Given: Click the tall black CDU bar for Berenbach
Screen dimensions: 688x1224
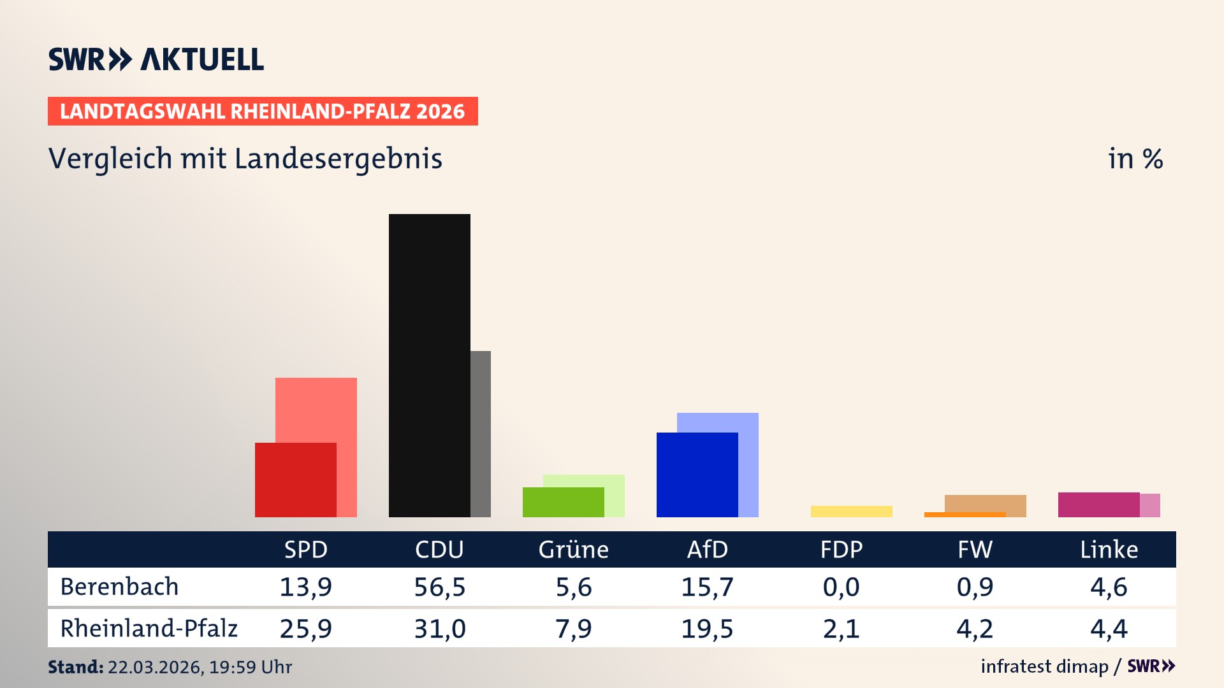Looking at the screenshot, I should (429, 365).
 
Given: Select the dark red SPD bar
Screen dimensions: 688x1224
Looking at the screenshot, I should (295, 480).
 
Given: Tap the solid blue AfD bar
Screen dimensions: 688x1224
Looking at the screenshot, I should (697, 475).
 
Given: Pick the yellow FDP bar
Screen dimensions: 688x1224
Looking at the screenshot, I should (851, 511).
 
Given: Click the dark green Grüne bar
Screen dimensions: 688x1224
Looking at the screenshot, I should (563, 502).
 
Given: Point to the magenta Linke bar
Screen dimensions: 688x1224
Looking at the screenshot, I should (1098, 505).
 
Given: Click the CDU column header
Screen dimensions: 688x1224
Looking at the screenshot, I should (439, 549).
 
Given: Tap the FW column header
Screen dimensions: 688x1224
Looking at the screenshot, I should (975, 549).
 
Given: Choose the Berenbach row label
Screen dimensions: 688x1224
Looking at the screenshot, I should (119, 587).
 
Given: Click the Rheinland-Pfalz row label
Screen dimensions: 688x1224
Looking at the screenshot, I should (149, 628).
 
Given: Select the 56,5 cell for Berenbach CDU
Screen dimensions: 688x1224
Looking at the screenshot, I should (439, 587).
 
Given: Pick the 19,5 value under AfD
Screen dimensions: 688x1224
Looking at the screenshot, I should (707, 629).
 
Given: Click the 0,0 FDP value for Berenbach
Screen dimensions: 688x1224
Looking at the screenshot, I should (841, 587).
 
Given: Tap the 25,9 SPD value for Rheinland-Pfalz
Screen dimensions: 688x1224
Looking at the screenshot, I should (305, 629).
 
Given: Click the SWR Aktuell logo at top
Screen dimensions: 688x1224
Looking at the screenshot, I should (156, 59).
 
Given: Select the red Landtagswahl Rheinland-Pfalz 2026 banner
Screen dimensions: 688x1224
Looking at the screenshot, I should (262, 111).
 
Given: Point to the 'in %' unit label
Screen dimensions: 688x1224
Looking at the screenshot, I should (1135, 159).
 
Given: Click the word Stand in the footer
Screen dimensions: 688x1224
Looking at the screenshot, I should (75, 667).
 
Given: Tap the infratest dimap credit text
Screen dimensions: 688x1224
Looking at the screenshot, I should (1044, 666).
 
